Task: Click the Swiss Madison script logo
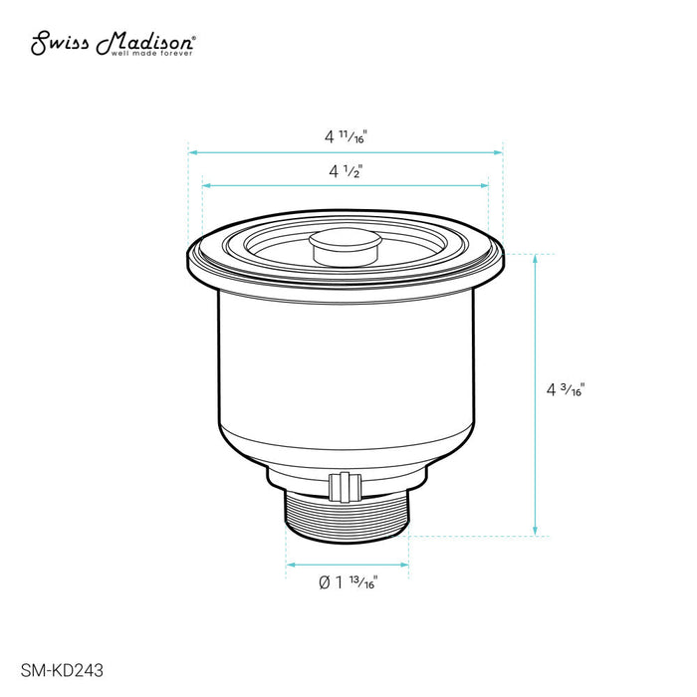[112, 43]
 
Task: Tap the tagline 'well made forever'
[152, 54]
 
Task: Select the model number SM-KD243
[62, 670]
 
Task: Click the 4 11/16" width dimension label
[346, 136]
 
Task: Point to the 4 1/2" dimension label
[346, 170]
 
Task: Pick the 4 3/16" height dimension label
[566, 389]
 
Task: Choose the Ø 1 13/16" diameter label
[348, 581]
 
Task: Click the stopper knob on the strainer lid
[346, 246]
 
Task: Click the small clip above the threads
[345, 487]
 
